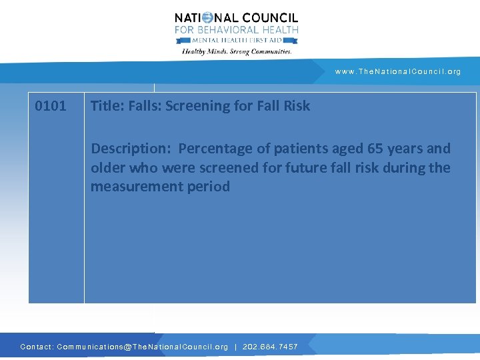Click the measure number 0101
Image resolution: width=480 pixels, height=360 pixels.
coord(51,105)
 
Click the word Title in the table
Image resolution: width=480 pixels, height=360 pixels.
coord(105,105)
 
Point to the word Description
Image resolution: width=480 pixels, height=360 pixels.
coord(131,149)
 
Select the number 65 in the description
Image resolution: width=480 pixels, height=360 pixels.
coord(367,148)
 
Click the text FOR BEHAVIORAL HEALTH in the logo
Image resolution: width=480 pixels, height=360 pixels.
coord(237,30)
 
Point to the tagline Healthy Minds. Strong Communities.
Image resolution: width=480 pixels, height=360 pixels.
coord(237,51)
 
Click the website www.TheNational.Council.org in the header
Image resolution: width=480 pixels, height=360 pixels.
coord(398,71)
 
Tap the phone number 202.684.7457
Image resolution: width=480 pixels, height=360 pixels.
coord(269,347)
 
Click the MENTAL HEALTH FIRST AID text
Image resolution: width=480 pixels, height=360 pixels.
coord(237,40)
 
